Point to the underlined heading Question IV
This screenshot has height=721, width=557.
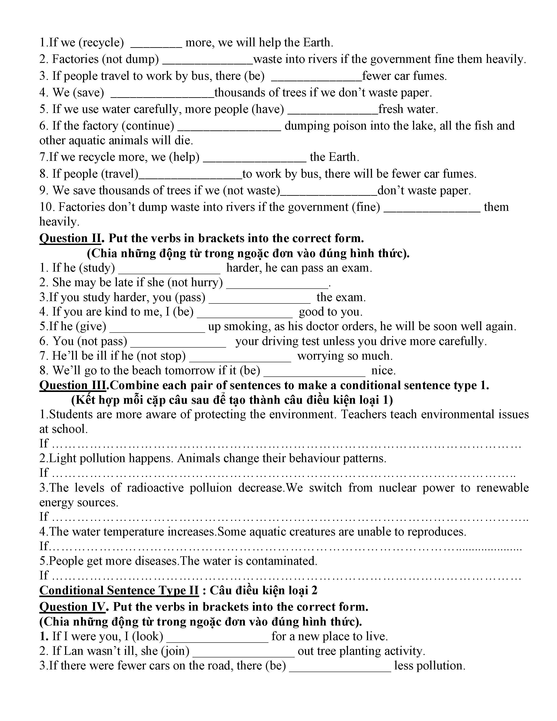coord(73,607)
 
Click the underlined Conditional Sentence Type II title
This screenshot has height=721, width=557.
coord(119,590)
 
